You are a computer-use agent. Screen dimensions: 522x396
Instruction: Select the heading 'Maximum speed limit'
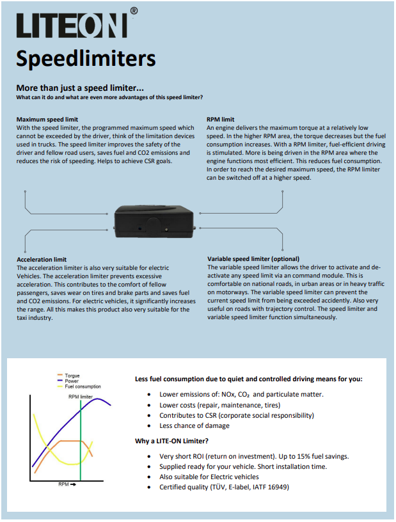tap(47, 120)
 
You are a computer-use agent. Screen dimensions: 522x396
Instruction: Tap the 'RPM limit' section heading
tap(220, 120)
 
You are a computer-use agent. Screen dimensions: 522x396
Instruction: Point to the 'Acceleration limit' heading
tap(42, 259)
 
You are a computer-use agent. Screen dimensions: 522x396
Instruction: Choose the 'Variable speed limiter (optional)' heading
tap(253, 259)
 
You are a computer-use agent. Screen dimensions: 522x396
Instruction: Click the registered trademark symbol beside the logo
tap(133, 11)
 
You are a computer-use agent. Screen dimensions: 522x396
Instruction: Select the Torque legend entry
tap(72, 376)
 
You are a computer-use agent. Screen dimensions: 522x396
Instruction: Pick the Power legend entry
tap(72, 381)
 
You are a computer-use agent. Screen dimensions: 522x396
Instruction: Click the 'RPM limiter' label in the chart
tap(81, 397)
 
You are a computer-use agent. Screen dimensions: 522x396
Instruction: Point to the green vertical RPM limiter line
tap(81, 448)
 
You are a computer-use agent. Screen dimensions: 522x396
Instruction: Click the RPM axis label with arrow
tap(66, 484)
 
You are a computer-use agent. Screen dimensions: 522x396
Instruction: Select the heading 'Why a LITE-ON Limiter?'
tap(171, 441)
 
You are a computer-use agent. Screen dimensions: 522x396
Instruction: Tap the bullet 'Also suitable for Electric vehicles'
tap(209, 477)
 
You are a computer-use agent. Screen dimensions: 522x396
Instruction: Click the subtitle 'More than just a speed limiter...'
tap(80, 88)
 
